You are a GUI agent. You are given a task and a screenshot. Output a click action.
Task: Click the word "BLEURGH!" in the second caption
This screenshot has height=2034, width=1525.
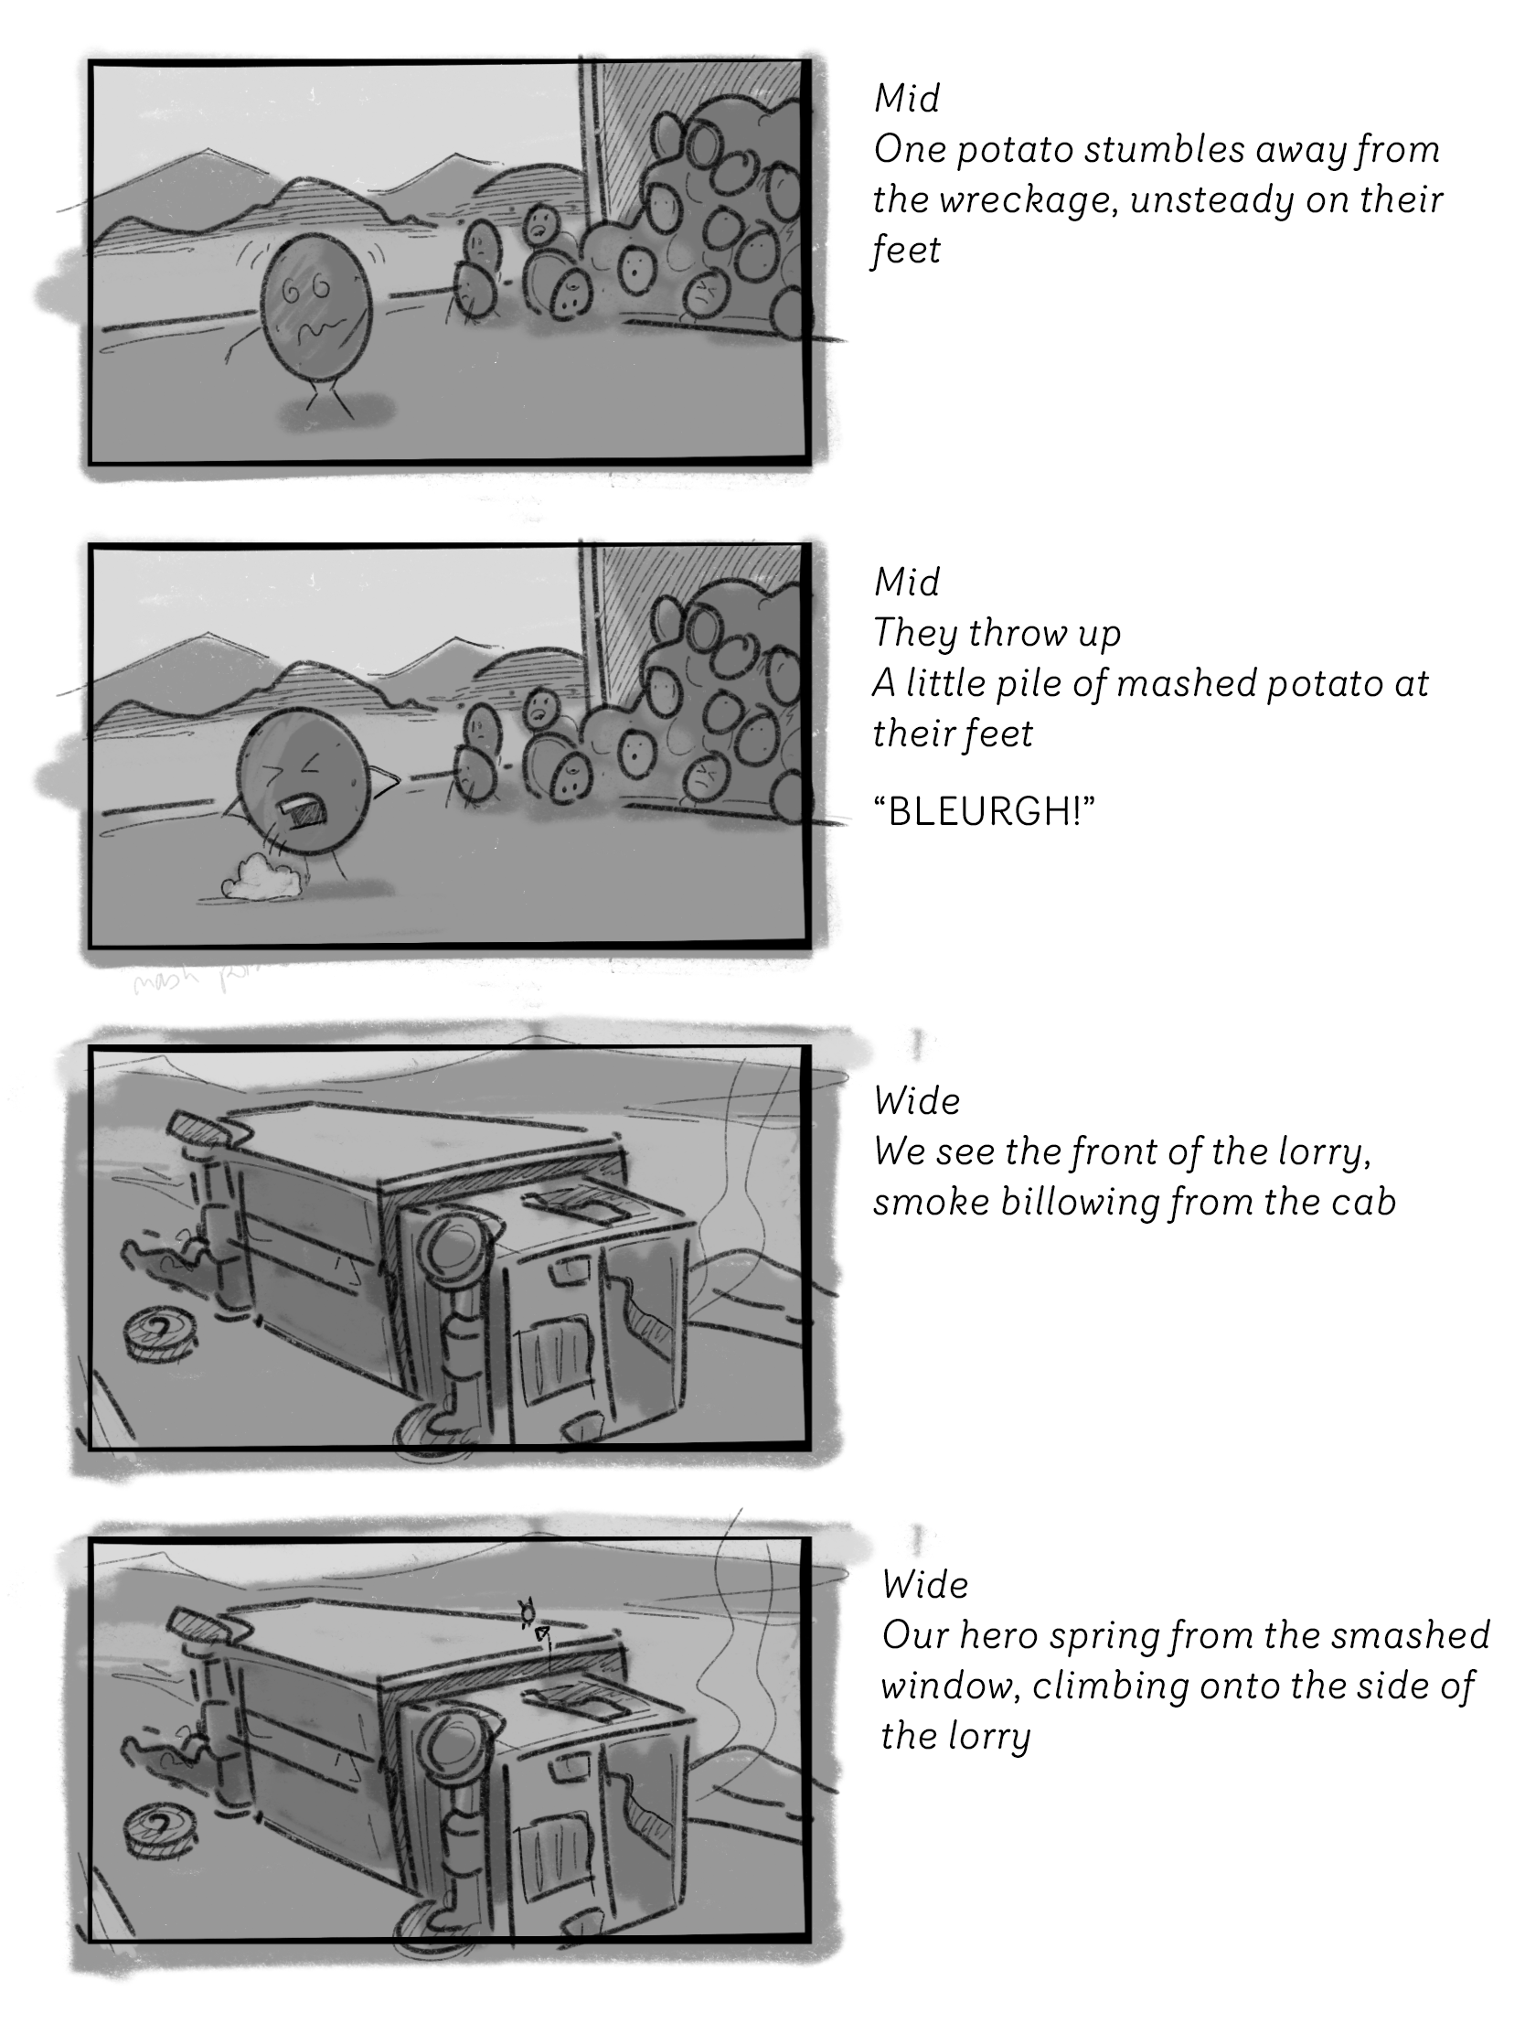tap(983, 811)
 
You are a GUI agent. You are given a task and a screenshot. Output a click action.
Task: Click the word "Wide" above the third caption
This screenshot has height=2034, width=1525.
tap(916, 1100)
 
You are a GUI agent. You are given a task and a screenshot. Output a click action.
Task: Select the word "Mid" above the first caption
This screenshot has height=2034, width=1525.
tap(906, 99)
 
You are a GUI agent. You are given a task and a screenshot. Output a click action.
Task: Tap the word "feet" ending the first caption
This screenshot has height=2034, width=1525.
tap(906, 250)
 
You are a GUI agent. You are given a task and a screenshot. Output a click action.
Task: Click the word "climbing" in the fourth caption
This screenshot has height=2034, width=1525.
tap(1155, 1686)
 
